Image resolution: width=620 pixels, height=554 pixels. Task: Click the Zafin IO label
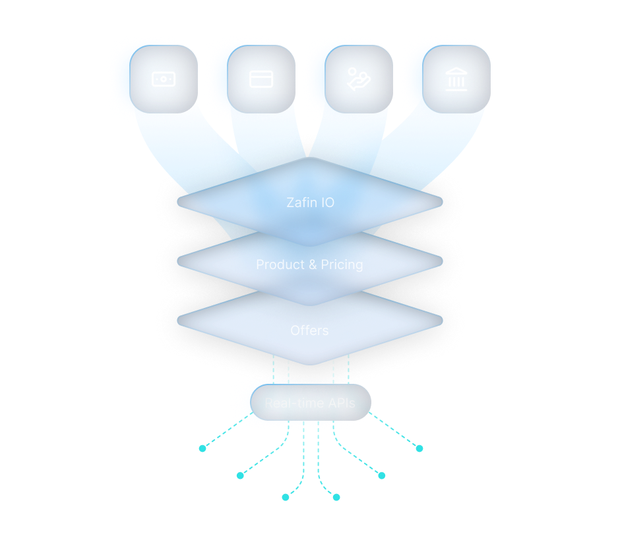click(x=310, y=202)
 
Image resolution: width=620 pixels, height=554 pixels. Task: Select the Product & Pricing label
click(x=309, y=264)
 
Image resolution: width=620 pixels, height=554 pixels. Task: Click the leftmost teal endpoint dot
click(x=202, y=448)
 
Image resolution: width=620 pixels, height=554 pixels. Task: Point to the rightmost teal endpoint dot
click(x=419, y=448)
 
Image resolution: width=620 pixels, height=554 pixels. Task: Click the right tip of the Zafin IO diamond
click(x=441, y=202)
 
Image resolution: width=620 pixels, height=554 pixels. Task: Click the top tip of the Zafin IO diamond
click(x=309, y=159)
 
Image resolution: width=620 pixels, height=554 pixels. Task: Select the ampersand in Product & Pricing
click(x=313, y=264)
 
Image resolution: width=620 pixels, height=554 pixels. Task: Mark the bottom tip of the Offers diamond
click(x=309, y=364)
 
